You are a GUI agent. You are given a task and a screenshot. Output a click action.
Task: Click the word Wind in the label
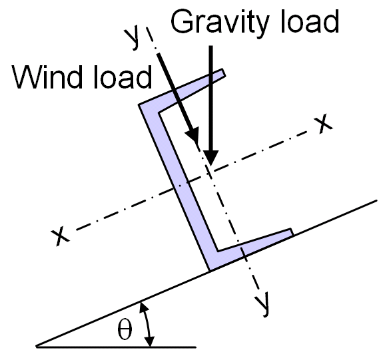[47, 77]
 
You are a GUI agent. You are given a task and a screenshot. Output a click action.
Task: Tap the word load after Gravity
[309, 21]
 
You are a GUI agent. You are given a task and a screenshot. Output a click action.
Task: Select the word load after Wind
[123, 77]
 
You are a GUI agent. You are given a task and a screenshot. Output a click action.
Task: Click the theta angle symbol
[125, 330]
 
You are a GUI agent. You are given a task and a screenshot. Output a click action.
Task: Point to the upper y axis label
[132, 38]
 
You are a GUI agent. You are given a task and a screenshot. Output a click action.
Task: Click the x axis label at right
[323, 123]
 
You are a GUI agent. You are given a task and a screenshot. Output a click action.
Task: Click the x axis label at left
[60, 237]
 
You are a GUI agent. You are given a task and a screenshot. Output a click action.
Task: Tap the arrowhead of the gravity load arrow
[211, 158]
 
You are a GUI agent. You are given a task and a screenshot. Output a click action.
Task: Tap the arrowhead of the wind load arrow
[193, 136]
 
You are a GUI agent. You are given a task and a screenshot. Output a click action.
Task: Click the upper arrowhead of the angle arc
[143, 307]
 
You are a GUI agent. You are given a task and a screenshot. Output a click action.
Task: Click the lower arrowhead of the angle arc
[150, 341]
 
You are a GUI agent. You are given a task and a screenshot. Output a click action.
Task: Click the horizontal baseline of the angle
[116, 347]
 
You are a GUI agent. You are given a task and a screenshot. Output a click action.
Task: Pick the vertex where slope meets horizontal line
[37, 346]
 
